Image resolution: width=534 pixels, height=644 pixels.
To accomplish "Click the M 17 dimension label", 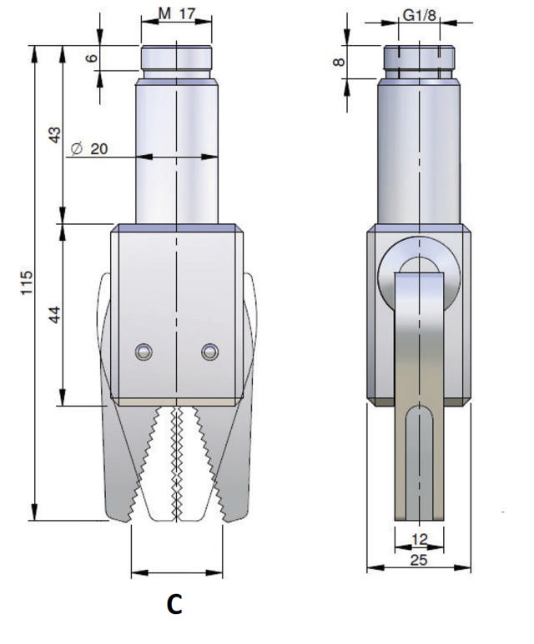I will pyautogui.click(x=176, y=14).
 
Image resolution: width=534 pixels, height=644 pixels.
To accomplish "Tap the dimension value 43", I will pyautogui.click(x=54, y=135).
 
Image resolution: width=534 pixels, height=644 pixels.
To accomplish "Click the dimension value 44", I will pyautogui.click(x=54, y=316).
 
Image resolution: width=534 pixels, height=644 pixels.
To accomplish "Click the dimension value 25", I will pyautogui.click(x=419, y=561).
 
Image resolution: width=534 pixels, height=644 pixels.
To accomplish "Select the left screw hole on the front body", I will pyautogui.click(x=144, y=352).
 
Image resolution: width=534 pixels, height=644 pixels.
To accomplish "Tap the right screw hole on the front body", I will pyautogui.click(x=209, y=352).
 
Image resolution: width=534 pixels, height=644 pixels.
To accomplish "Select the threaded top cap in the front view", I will pyautogui.click(x=177, y=61).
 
